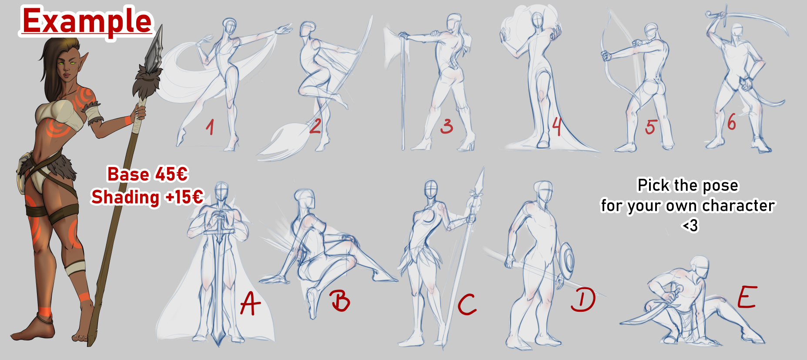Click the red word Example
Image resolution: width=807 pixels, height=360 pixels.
pos(87,21)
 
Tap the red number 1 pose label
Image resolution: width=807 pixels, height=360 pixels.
pos(210,127)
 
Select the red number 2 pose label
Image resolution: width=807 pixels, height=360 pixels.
pos(315,126)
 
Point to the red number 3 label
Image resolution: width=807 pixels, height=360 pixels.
pos(446,126)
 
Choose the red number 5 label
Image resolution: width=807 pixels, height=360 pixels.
pos(650,127)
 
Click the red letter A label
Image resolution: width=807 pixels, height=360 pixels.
pos(250,303)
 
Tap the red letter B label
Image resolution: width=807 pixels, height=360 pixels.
pos(340,300)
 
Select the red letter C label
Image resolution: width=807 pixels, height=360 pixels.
pos(467,304)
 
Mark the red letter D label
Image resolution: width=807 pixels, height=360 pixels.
pos(583,300)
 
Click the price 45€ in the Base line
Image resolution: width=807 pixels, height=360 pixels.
pos(171,174)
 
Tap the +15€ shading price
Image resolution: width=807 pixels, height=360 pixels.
pos(184,197)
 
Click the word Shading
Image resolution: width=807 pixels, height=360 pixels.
pos(125,198)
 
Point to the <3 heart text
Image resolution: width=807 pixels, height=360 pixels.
pos(690,226)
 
